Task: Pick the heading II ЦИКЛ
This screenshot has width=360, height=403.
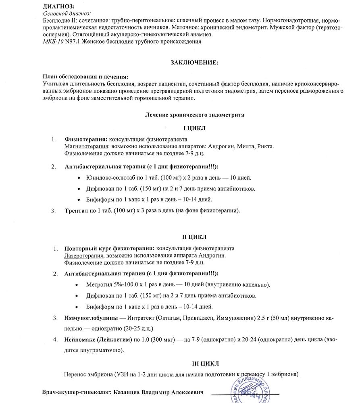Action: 194,238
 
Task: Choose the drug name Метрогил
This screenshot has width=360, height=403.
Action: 97,285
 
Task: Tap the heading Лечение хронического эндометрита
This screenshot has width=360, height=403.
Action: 194,115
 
